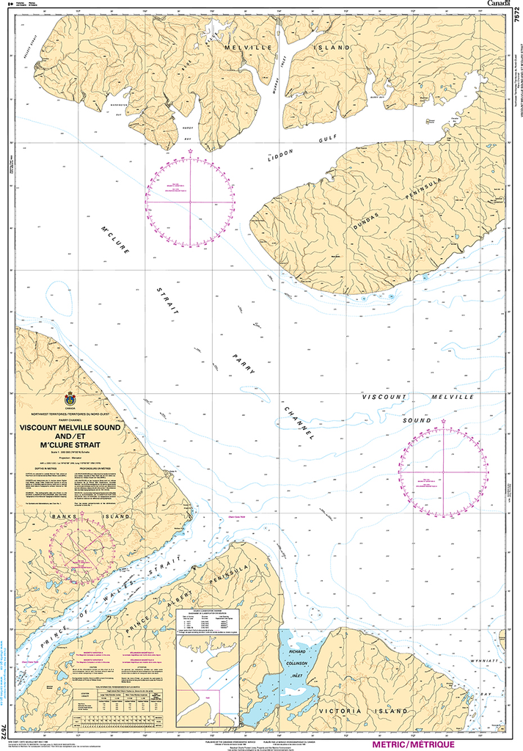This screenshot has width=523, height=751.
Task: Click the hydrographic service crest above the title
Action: click(x=70, y=399)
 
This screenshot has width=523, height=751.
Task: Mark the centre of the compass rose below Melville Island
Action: click(x=190, y=201)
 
